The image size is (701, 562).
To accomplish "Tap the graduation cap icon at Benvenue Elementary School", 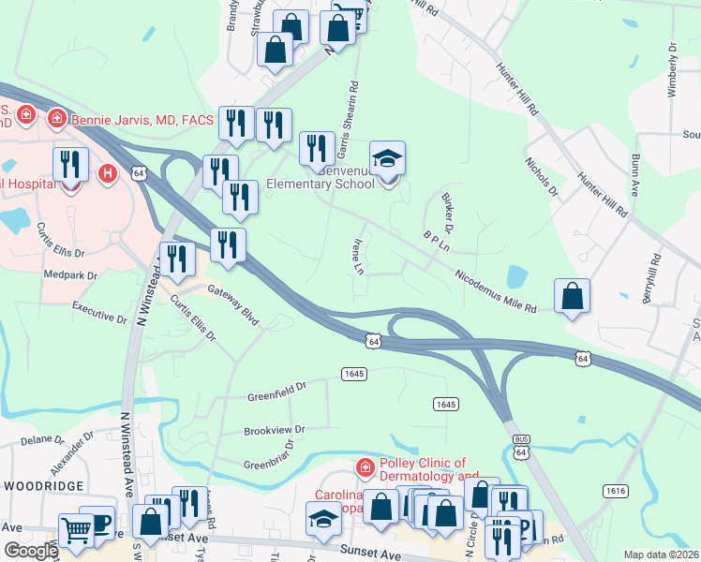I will coord(386,159).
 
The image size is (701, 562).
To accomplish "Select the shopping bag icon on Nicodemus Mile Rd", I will coord(572,298).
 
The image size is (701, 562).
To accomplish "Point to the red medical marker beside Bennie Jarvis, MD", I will coord(56,119).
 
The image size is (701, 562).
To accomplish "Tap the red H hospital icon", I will coord(108,173).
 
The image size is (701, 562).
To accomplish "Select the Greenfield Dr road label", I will coord(277,391).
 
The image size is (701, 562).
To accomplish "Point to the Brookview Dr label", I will coord(275,431).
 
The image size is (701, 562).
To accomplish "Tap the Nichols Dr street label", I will coord(541,177).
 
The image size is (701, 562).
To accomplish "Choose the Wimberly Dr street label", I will coord(672,65).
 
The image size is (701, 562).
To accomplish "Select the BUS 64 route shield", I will coord(521,446).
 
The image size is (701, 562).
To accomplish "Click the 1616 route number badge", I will coord(615,491).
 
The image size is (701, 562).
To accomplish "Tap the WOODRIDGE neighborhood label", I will coord(43,486).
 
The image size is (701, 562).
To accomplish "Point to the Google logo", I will coord(30,551).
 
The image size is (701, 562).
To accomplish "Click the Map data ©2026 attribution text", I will coord(661,555).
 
